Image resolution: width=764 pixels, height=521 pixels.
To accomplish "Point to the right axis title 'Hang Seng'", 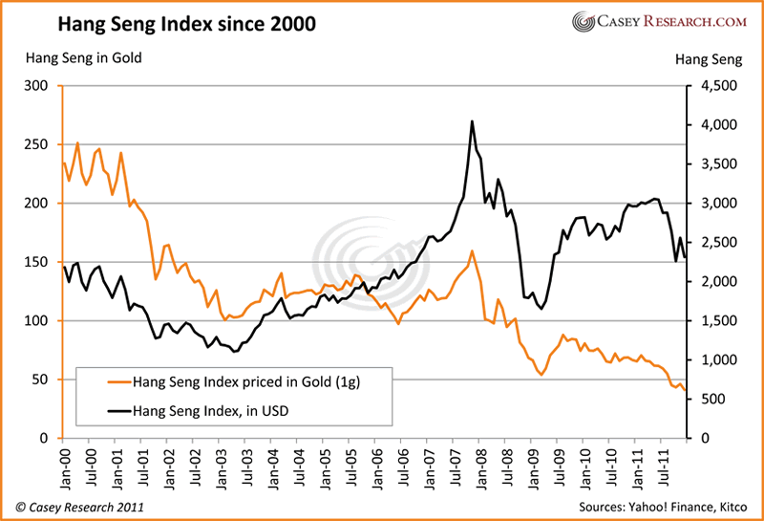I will (x=708, y=59).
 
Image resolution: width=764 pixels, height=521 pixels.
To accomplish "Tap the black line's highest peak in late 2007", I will (x=472, y=121).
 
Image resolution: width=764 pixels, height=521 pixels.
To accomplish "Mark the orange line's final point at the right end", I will (x=684, y=389).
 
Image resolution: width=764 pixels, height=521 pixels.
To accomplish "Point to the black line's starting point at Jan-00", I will (x=63, y=266).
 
